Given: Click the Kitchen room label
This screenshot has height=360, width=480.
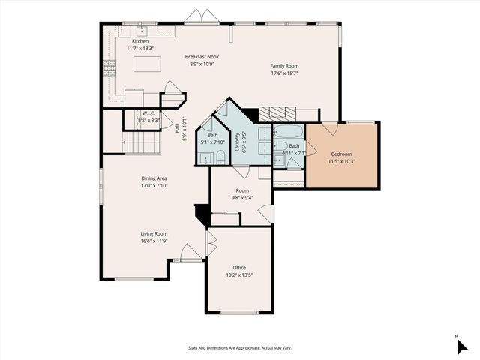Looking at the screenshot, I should pos(140,41).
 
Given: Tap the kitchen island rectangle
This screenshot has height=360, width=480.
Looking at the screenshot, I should pos(148,64).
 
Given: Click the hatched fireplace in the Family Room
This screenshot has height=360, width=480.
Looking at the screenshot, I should pos(277,113).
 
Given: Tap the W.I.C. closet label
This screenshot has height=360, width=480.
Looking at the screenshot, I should pos(148,114).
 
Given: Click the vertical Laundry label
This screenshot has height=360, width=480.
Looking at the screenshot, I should pos(238,142).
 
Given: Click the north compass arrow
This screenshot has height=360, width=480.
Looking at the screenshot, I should pos(460,345).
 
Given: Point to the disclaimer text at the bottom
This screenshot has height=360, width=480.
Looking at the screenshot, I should pos(239,347).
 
